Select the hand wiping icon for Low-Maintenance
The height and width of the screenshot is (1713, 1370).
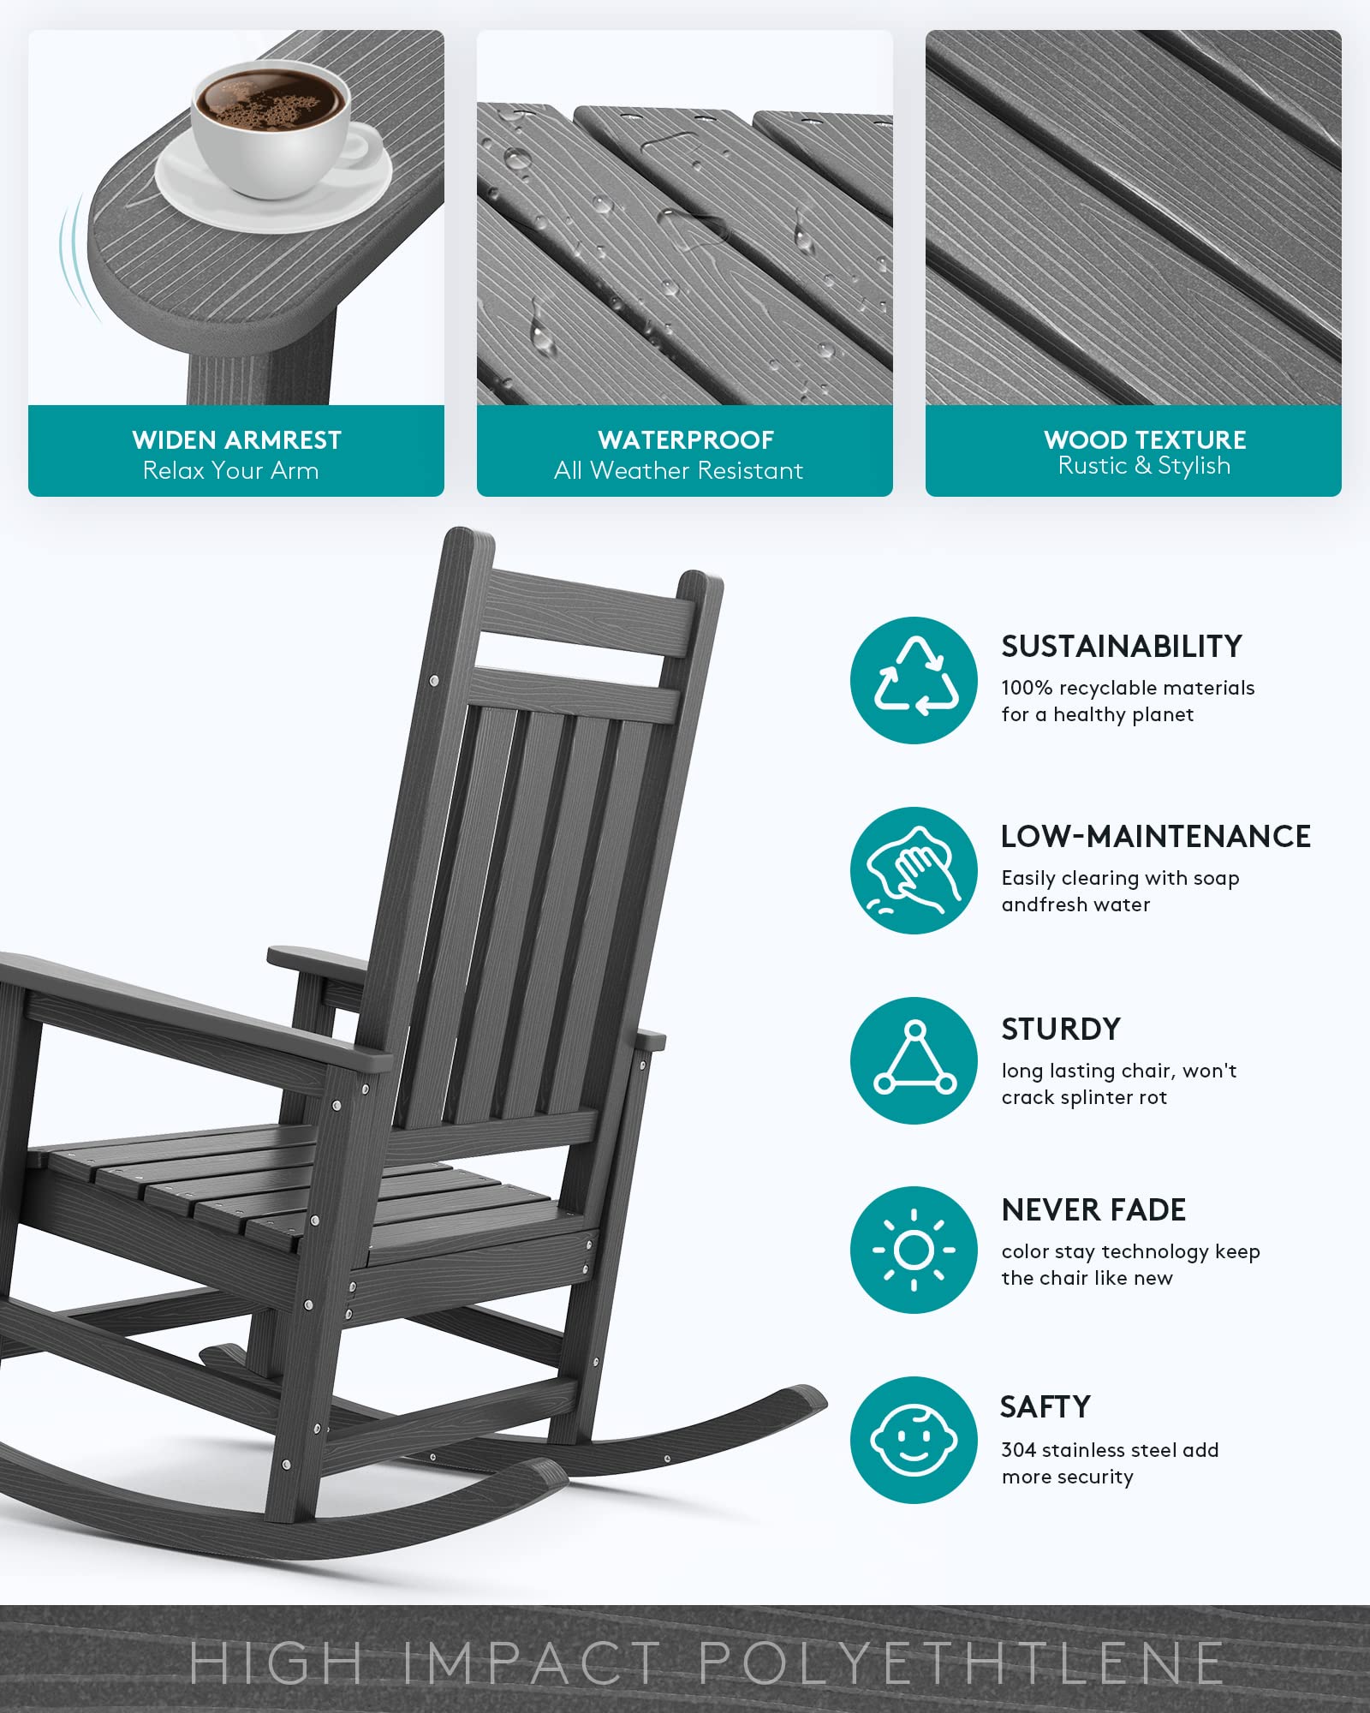point(914,869)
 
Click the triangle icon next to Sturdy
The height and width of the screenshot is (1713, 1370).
point(914,1059)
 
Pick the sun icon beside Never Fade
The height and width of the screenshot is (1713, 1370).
point(914,1250)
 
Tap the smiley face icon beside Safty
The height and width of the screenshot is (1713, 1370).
point(914,1440)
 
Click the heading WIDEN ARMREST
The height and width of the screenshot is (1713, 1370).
point(236,440)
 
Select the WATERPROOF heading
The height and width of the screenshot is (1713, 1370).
point(685,440)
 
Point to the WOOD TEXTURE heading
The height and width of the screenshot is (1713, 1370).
point(1144,439)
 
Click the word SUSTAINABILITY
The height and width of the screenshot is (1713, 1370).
point(1121,647)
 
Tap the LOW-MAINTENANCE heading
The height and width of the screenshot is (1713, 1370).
point(1155,837)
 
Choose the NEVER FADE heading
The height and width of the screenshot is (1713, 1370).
point(1093,1210)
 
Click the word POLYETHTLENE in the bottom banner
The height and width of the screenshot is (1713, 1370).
point(961,1663)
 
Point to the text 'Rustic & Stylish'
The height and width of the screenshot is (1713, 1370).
point(1144,466)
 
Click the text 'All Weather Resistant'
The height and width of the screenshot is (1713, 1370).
point(678,470)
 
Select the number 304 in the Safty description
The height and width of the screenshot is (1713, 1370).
point(1018,1450)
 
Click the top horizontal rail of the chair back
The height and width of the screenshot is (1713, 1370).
point(591,612)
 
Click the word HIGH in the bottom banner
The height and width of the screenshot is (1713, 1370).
point(276,1663)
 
